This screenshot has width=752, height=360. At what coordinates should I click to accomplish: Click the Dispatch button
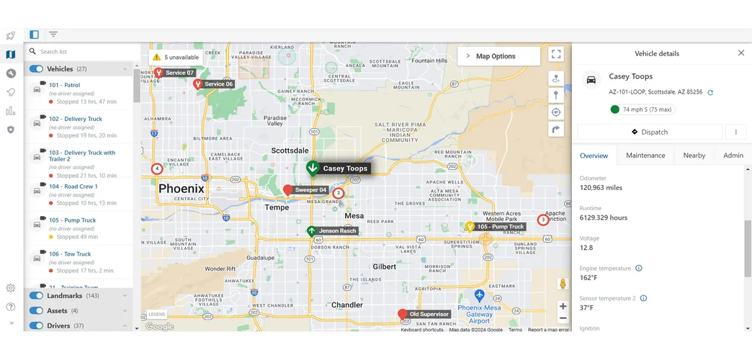[x=649, y=132]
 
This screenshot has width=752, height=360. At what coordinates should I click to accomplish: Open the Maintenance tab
[x=645, y=156]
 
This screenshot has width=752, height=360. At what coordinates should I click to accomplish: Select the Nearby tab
[x=694, y=156]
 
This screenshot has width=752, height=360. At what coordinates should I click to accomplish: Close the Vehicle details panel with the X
[x=740, y=53]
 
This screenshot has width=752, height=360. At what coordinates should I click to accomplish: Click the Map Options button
[x=498, y=56]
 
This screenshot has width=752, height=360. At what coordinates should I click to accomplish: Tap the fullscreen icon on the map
[x=556, y=54]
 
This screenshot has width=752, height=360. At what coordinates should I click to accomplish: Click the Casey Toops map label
[x=345, y=168]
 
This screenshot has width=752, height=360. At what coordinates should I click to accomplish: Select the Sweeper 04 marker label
[x=310, y=190]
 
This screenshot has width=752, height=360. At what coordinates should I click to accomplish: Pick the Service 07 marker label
[x=179, y=73]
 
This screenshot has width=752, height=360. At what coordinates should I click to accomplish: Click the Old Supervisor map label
[x=429, y=315]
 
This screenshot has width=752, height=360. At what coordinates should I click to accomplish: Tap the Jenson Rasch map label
[x=338, y=231]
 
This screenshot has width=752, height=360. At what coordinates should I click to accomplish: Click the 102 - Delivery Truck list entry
[x=76, y=119]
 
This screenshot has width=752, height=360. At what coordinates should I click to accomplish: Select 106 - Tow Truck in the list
[x=70, y=254]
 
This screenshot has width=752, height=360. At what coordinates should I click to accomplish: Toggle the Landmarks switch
[x=36, y=296]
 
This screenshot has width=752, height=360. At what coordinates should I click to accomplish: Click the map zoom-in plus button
[x=563, y=306]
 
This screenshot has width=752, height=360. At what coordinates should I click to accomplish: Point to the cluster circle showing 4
[x=157, y=169]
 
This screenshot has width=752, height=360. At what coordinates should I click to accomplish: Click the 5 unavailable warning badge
[x=174, y=57]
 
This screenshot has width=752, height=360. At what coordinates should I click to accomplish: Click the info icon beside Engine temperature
[x=639, y=269]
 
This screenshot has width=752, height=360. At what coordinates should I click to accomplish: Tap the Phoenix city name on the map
[x=181, y=189]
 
